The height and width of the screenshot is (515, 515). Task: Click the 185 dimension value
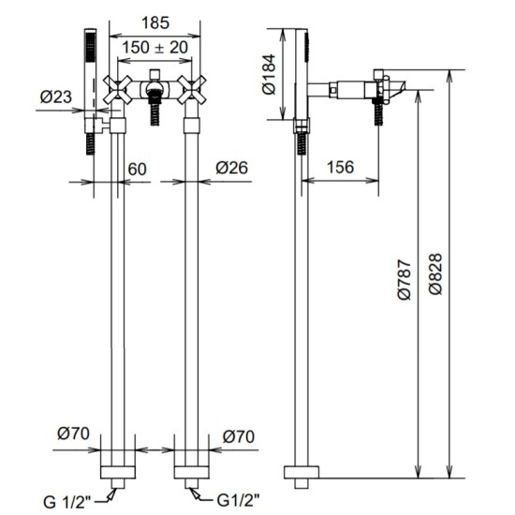tap(155, 23)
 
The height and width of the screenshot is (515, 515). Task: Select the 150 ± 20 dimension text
tap(155, 48)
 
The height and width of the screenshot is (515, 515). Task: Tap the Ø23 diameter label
tap(56, 96)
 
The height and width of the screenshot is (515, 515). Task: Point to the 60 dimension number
tap(137, 169)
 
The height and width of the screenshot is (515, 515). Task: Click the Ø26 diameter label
tap(232, 168)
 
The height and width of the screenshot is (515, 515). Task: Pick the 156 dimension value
tap(341, 167)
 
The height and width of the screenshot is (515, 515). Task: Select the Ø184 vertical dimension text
tap(270, 74)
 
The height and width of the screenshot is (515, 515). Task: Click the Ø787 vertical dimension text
tap(405, 279)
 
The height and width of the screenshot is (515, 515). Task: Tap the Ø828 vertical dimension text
tap(435, 274)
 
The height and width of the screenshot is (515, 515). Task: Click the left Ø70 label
tap(73, 434)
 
